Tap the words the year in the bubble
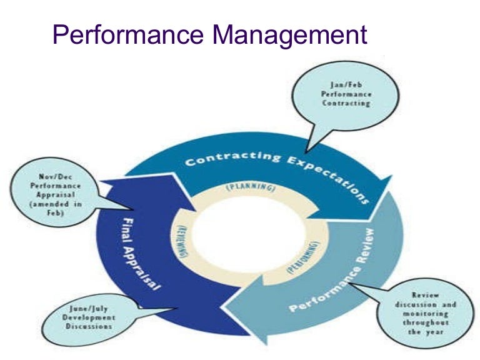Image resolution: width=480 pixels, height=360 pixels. (425, 331)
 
